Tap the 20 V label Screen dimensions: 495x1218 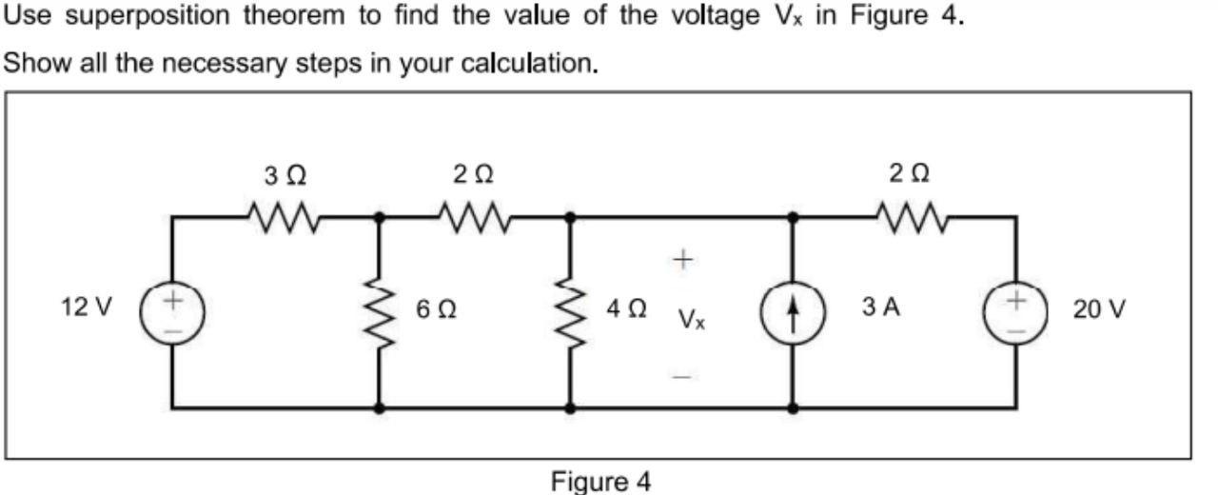point(1099,308)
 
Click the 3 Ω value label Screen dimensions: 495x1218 point(285,175)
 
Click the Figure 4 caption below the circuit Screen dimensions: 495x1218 point(601,482)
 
